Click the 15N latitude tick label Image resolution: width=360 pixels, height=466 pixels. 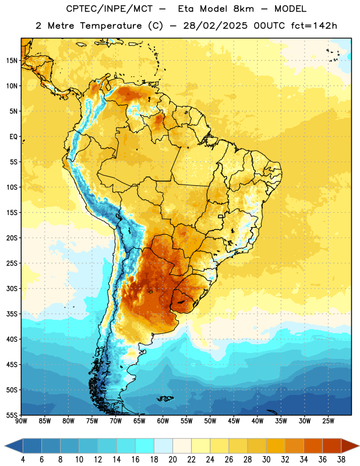click(x=12, y=61)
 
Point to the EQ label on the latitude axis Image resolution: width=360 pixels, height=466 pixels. click(x=13, y=137)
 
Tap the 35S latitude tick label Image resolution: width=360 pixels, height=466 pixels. click(x=12, y=314)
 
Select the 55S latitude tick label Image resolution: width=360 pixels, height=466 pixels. click(x=12, y=415)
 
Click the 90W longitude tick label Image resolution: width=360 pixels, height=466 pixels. click(x=21, y=421)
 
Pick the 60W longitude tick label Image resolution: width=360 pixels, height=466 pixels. click(x=163, y=421)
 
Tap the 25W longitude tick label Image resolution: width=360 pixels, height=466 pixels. click(x=328, y=421)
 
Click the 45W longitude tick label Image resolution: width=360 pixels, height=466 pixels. click(x=234, y=421)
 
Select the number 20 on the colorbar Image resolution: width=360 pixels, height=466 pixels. click(x=172, y=460)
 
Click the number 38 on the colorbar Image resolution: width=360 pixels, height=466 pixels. click(x=341, y=460)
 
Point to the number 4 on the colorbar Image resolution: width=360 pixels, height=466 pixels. click(x=23, y=460)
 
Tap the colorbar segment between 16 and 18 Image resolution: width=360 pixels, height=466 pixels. click(x=145, y=446)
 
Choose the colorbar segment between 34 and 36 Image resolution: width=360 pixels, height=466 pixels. click(x=313, y=446)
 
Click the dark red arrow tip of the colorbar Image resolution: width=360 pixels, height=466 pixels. click(x=359, y=446)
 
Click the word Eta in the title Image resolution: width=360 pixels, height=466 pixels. click(x=186, y=9)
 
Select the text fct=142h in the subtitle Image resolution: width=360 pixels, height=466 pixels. click(x=314, y=26)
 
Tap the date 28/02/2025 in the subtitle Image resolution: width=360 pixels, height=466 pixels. click(x=215, y=26)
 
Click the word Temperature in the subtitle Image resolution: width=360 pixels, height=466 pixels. click(x=111, y=26)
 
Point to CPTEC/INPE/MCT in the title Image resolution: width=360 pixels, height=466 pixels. click(x=109, y=9)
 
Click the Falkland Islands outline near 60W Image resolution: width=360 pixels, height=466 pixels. click(x=165, y=398)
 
